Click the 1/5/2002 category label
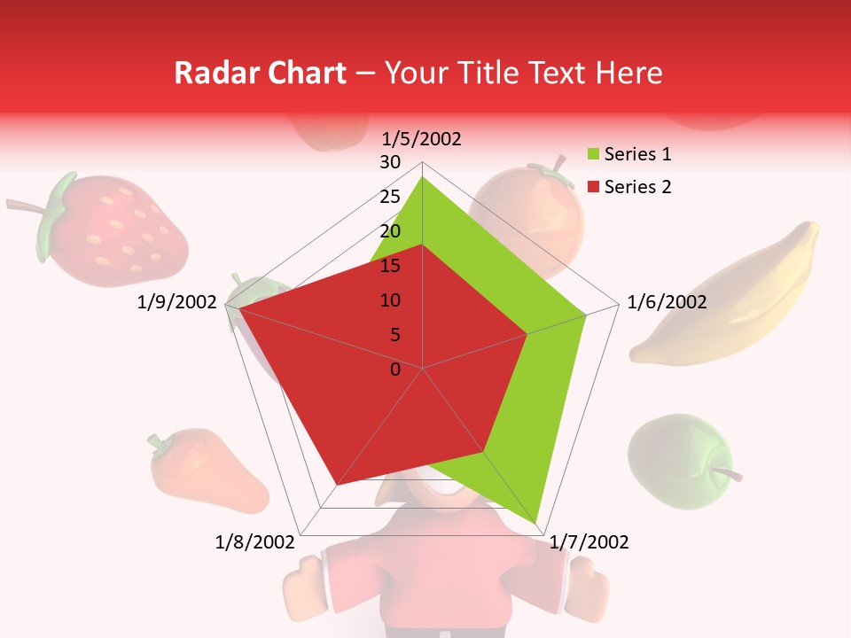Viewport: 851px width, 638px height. (x=421, y=139)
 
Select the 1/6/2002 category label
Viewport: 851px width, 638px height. (x=667, y=302)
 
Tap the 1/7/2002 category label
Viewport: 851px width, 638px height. (x=589, y=542)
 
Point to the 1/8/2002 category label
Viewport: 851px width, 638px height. (x=255, y=542)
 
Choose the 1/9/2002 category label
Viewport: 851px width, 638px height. (x=177, y=302)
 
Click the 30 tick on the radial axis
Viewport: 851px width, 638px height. (x=390, y=162)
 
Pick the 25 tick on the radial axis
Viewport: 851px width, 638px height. (x=390, y=197)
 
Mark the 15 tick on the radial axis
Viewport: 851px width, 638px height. (x=390, y=266)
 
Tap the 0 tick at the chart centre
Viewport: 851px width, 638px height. (x=395, y=370)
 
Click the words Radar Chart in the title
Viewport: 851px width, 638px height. (x=259, y=73)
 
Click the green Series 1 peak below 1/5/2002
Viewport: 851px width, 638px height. (x=422, y=178)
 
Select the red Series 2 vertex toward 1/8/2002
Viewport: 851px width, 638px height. (x=337, y=485)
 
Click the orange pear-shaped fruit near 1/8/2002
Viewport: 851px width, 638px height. (x=206, y=472)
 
